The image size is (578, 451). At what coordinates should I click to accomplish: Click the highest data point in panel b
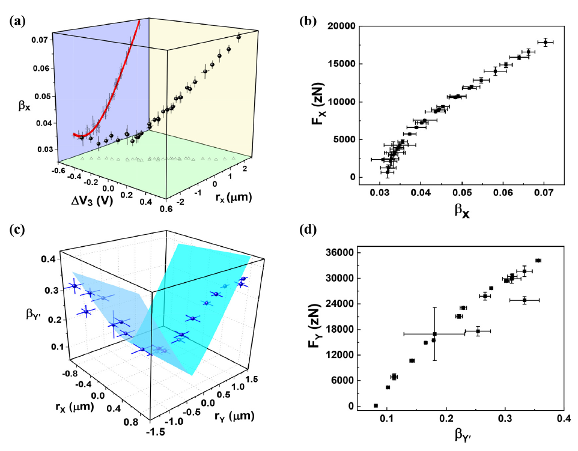tap(545, 42)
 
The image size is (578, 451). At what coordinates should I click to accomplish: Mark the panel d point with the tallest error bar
tap(434, 334)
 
